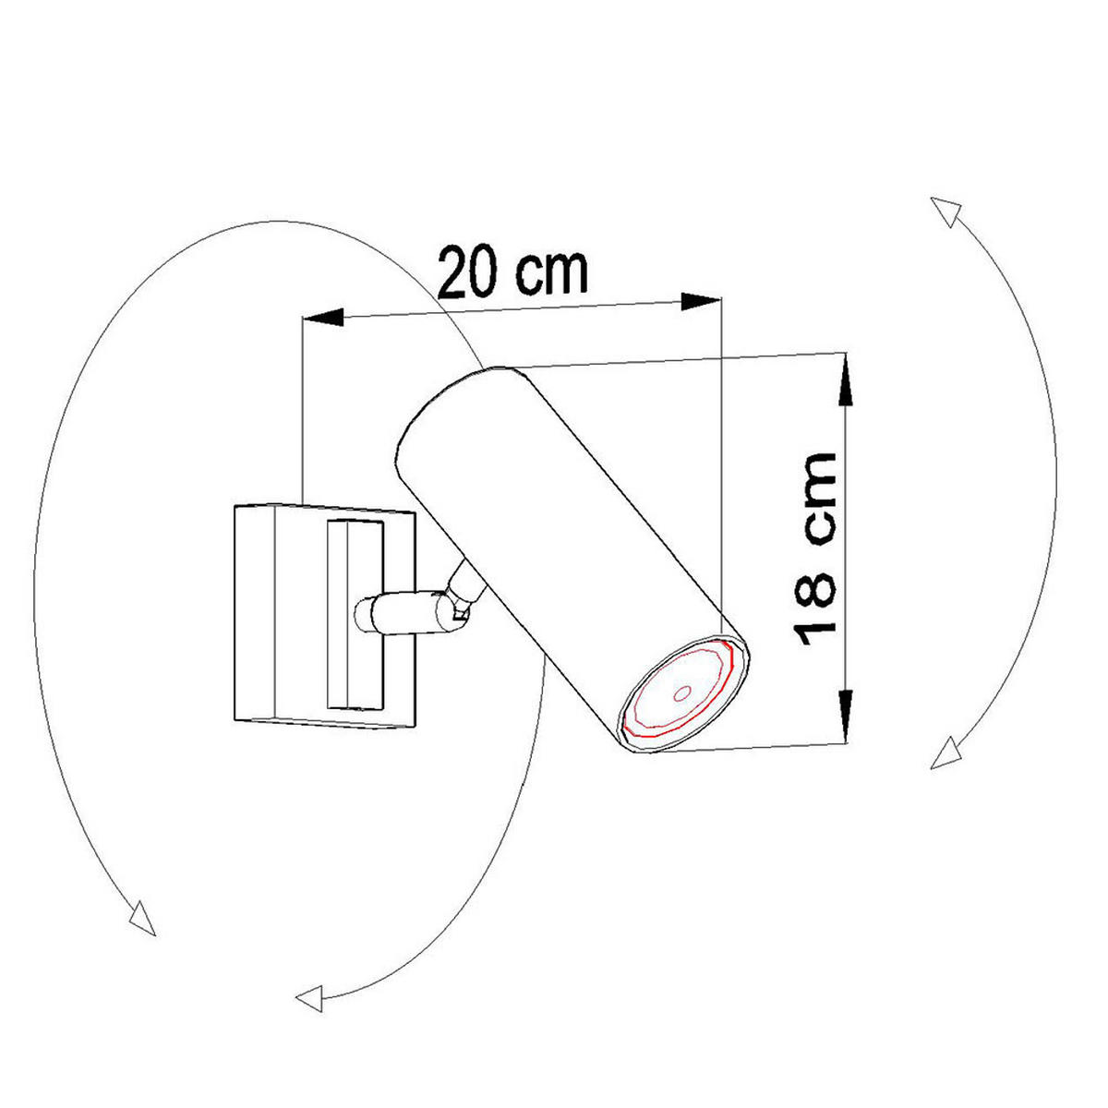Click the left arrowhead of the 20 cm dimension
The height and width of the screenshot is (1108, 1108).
[323, 319]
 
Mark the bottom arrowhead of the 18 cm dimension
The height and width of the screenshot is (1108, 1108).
[845, 715]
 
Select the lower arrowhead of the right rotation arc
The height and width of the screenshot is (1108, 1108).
[945, 753]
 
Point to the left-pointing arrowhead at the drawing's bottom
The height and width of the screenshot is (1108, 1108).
[310, 996]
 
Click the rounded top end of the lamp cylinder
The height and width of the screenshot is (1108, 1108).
[443, 397]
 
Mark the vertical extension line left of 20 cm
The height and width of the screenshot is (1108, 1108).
[304, 406]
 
